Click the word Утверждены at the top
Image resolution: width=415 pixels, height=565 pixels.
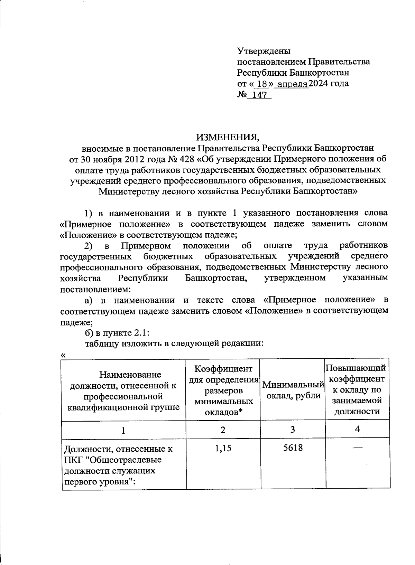pyautogui.click(x=264, y=51)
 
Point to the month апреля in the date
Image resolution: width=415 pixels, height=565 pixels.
pyautogui.click(x=293, y=84)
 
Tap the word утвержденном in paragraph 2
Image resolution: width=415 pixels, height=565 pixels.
pyautogui.click(x=295, y=278)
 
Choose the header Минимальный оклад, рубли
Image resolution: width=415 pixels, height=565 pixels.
pyautogui.click(x=293, y=390)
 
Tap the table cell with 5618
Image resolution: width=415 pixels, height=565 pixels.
pyautogui.click(x=293, y=448)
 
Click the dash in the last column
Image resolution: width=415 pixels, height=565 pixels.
pyautogui.click(x=358, y=448)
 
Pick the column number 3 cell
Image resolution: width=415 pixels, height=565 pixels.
pyautogui.click(x=293, y=430)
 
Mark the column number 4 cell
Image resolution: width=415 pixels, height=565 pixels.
pyautogui.click(x=358, y=429)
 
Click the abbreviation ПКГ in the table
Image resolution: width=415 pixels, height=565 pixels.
pyautogui.click(x=73, y=460)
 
